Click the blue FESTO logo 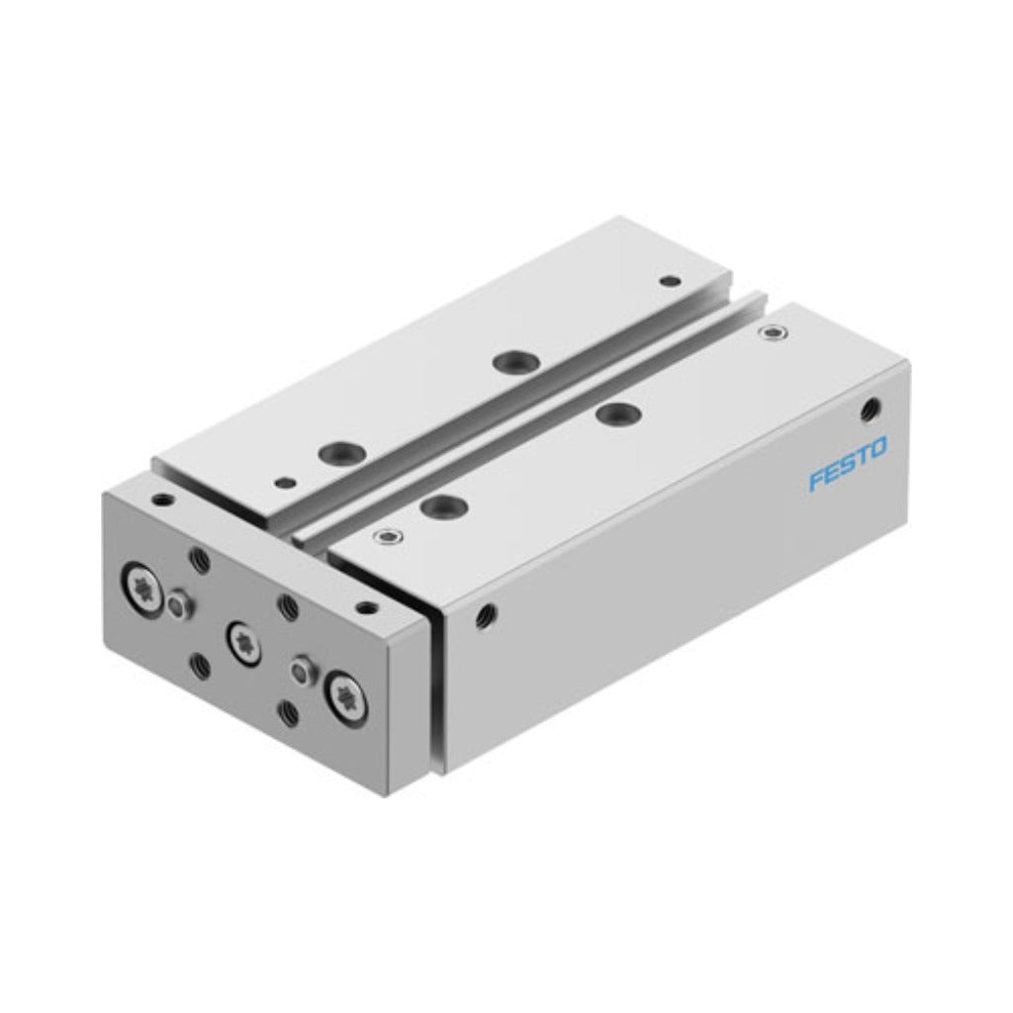click(x=848, y=464)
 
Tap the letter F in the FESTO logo click(x=818, y=482)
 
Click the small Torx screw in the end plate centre click(x=245, y=643)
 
